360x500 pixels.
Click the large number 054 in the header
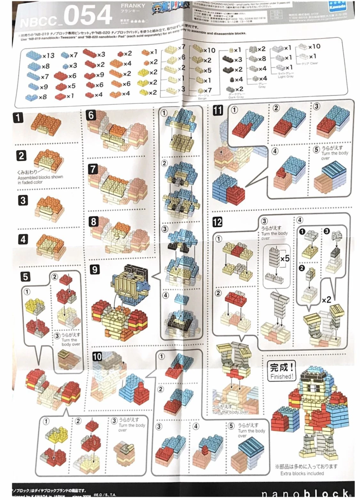point(87,15)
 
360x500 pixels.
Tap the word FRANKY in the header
point(133,6)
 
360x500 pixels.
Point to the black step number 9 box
point(94,269)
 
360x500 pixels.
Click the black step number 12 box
point(217,222)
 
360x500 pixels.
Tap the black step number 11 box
point(218,111)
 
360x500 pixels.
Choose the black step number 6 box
point(91,115)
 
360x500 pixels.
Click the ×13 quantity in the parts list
point(48,55)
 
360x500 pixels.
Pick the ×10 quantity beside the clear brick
point(314,46)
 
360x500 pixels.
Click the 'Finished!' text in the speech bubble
point(281,377)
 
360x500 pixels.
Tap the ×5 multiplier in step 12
point(284,258)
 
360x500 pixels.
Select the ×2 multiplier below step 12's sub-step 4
point(326,300)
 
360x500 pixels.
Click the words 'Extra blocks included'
point(302,473)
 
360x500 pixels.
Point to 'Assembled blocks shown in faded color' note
point(40,179)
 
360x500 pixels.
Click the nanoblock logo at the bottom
point(304,494)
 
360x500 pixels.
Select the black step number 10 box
point(97,356)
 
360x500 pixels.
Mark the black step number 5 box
point(25,276)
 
